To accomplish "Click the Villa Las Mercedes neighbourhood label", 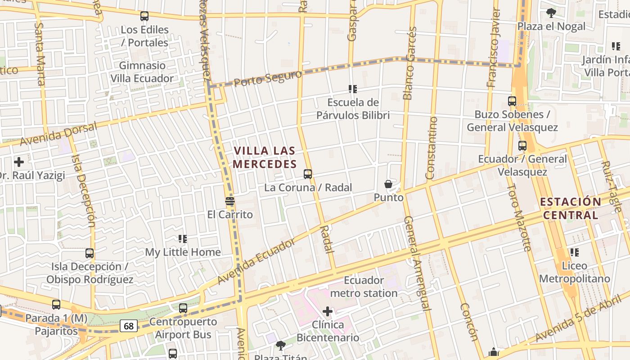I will [x=265, y=157].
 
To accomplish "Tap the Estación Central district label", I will [x=571, y=208].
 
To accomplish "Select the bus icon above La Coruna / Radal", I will [x=308, y=174].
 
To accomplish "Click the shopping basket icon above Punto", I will [x=388, y=184].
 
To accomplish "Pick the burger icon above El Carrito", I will [x=230, y=201].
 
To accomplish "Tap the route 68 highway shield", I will [x=129, y=326].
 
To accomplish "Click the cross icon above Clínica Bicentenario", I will [x=328, y=311].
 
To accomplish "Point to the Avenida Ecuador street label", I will [x=256, y=261].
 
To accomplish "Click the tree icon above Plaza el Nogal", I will [x=551, y=13].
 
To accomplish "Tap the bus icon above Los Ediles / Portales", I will [x=144, y=16].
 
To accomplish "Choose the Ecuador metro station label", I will [x=364, y=287].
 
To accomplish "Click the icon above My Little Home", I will [x=183, y=239].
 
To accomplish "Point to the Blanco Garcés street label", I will [x=409, y=63].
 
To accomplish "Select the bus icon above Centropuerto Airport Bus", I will [x=183, y=308].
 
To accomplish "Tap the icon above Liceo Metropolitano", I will [x=574, y=252].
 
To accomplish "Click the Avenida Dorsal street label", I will [x=58, y=134].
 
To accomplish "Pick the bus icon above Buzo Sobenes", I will [x=512, y=101].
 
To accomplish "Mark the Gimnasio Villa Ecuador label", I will [x=142, y=72].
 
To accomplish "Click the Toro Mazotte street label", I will [x=519, y=216].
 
